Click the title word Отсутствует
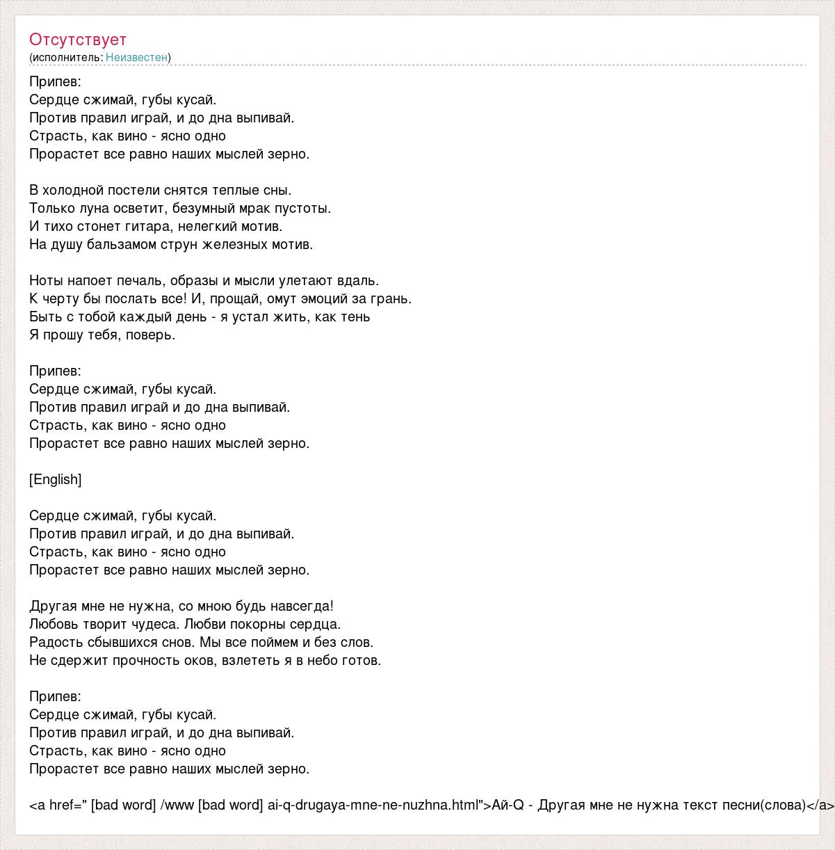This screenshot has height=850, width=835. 78,40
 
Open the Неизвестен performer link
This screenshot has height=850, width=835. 136,58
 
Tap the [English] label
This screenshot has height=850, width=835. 56,479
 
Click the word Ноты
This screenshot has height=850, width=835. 46,280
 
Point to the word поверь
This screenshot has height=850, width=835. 153,335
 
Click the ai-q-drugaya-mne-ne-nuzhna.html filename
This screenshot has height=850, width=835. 372,805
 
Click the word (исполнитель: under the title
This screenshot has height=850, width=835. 66,58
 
